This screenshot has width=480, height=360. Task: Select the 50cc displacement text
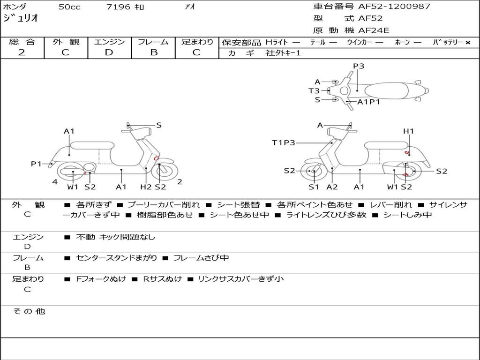(x=69, y=7)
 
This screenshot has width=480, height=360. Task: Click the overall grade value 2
(x=22, y=52)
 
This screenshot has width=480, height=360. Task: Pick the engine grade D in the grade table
(x=109, y=52)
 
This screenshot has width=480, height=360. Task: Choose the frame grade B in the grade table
(x=153, y=52)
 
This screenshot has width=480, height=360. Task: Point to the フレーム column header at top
(x=153, y=42)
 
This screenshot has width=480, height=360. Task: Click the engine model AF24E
(x=374, y=31)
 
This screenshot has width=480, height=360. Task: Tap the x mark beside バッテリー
(x=467, y=42)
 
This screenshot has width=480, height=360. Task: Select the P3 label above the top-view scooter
(x=359, y=66)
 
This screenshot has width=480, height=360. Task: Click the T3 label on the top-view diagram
(x=314, y=91)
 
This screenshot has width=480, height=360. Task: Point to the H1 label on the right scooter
(x=408, y=131)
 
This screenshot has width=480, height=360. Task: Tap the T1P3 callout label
(x=284, y=142)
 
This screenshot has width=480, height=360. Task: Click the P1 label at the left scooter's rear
(x=37, y=164)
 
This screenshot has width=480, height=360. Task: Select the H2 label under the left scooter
(x=146, y=187)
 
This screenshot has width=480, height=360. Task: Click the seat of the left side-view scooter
(x=92, y=145)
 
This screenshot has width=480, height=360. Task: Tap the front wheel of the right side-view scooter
(x=313, y=172)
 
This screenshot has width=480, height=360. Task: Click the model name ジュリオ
(x=21, y=19)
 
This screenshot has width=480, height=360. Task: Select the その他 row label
(x=29, y=311)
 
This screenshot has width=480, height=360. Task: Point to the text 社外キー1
(x=283, y=53)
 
